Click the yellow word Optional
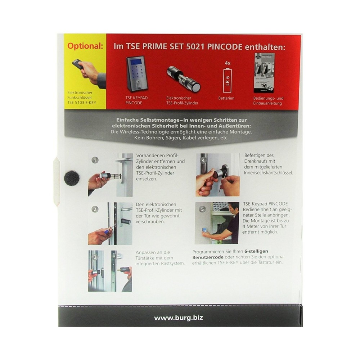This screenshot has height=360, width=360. tap(85, 46)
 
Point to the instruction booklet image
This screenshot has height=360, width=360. tap(265, 73)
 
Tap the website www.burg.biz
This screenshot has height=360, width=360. tap(179, 318)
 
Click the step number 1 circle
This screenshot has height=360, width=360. tap(95, 160)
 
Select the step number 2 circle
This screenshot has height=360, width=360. tap(95, 210)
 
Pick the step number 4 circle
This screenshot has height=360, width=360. tap(203, 161)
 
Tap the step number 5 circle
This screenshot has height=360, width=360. tap(202, 209)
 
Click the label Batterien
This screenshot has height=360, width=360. tap(226, 98)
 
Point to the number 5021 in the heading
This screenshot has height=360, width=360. tap(195, 47)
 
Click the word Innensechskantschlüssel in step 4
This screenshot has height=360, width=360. tap(269, 173)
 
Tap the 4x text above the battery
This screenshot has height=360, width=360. tap(227, 63)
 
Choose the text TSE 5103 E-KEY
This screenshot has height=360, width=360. tap(82, 103)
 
